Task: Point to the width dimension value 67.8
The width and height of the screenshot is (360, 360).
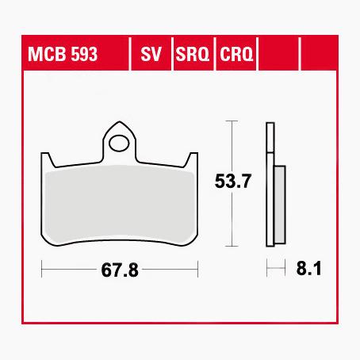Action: [x=120, y=270]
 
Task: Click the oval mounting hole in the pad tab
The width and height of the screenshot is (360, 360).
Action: [x=121, y=144]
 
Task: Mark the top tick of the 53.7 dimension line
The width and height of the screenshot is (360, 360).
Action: [x=230, y=121]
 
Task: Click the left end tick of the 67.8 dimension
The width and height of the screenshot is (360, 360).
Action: [x=42, y=270]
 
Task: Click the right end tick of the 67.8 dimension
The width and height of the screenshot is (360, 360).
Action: [x=198, y=270]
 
